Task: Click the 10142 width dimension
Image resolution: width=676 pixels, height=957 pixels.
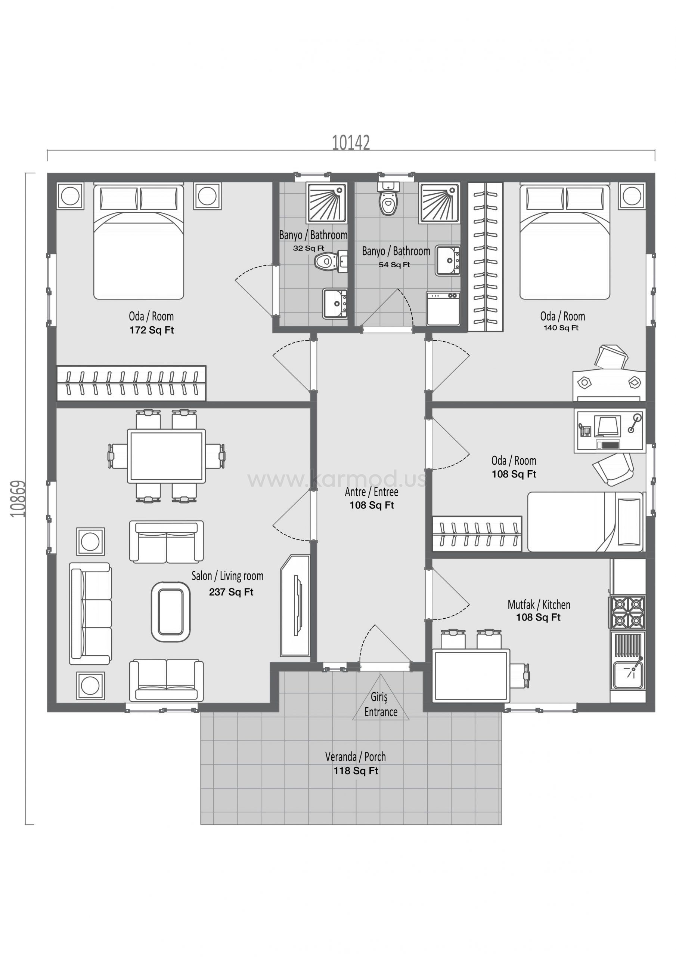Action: click(x=351, y=142)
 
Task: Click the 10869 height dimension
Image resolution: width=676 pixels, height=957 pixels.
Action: click(x=18, y=499)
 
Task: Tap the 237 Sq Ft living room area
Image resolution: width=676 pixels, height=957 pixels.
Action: click(x=231, y=592)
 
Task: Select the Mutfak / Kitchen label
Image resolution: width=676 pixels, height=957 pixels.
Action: click(x=539, y=604)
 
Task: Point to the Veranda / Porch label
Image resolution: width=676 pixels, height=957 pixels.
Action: click(x=355, y=757)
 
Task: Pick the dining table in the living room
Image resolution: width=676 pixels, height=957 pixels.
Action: click(x=166, y=456)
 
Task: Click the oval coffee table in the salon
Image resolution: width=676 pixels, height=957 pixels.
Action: click(x=171, y=612)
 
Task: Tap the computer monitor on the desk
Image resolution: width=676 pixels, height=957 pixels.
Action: click(x=608, y=426)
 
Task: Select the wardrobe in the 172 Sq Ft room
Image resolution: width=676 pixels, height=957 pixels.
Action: click(x=131, y=383)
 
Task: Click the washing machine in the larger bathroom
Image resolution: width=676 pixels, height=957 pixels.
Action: click(x=443, y=308)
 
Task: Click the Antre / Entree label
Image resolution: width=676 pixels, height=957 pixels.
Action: click(x=372, y=492)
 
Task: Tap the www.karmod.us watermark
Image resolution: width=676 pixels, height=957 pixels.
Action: click(x=337, y=479)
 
